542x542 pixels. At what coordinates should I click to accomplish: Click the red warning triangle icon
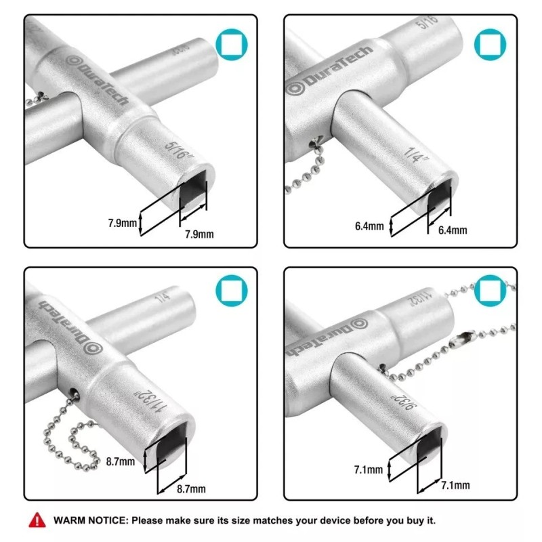tap(34, 521)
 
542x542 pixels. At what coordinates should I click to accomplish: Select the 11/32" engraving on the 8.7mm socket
tap(150, 404)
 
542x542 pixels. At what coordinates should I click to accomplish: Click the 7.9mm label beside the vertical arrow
tap(122, 222)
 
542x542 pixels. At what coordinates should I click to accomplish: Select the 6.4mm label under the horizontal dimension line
tap(452, 230)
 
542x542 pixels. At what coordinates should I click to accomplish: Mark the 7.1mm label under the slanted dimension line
tap(455, 485)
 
